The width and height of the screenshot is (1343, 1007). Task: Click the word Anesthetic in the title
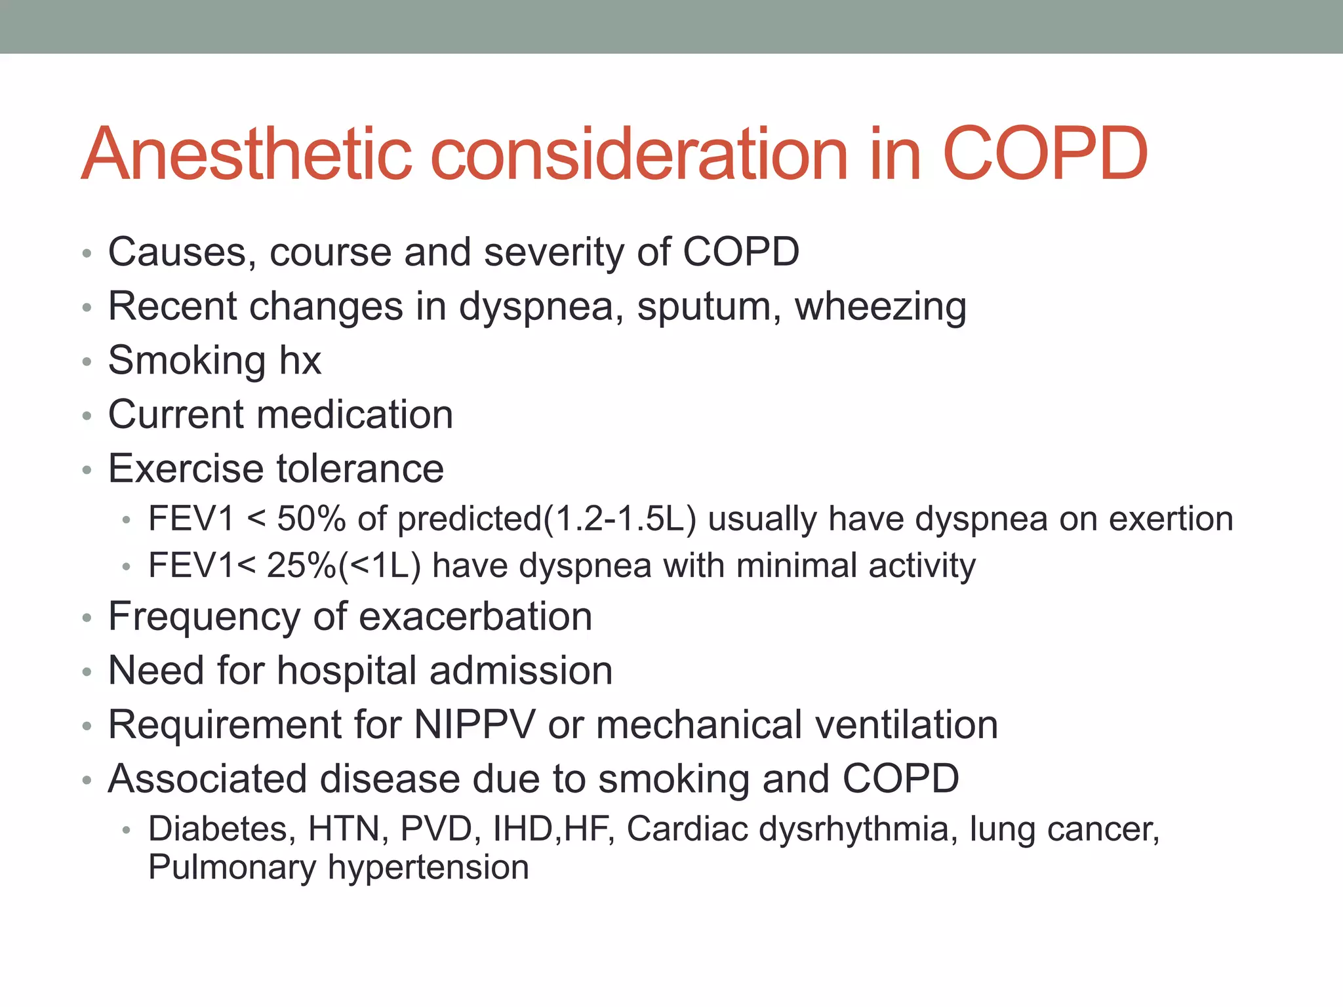pos(247,154)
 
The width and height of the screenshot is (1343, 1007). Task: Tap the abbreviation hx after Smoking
pos(300,361)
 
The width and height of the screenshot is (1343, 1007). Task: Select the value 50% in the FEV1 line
pos(311,519)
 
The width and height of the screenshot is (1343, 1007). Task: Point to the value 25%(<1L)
pos(344,566)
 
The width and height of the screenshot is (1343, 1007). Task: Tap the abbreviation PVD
pos(436,829)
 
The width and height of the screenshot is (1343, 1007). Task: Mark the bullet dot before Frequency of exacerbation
pos(87,618)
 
